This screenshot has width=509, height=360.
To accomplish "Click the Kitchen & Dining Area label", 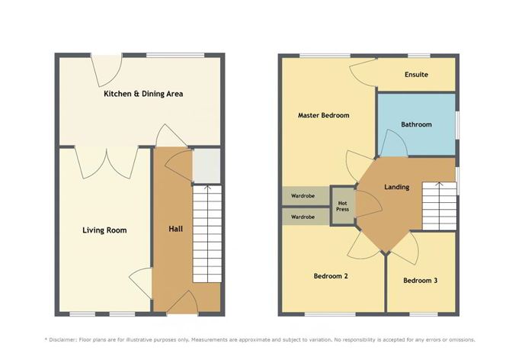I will click(x=143, y=94).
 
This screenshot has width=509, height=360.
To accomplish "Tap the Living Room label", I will click(x=105, y=230).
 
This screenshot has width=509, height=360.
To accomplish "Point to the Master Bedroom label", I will click(x=324, y=115).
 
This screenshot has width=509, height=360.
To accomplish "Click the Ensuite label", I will click(x=416, y=75).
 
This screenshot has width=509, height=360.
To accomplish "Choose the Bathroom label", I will click(x=416, y=124).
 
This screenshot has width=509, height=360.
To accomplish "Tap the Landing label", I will click(x=396, y=187).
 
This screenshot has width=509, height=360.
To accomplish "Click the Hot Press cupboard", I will click(x=342, y=205).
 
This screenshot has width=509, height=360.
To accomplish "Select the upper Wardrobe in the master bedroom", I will click(x=304, y=196).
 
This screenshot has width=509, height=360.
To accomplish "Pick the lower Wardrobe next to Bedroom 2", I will click(x=304, y=217).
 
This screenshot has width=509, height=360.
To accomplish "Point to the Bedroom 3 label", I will click(x=420, y=281).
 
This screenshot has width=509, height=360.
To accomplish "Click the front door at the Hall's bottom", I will click(x=181, y=306).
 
